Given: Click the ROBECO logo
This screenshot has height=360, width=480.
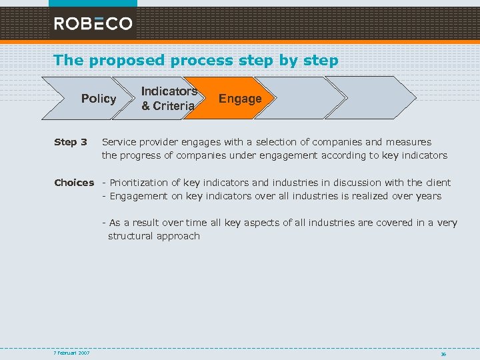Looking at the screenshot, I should coord(93,23).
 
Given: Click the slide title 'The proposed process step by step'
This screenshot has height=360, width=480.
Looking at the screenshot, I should coord(196,60).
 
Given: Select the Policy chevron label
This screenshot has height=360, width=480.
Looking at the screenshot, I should coord(98,99).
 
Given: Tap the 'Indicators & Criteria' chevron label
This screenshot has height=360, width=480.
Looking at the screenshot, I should coord(169,99).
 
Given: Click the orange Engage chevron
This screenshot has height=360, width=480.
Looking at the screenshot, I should coord(240,99).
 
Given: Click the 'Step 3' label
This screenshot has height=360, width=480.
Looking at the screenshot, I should coord(71,142).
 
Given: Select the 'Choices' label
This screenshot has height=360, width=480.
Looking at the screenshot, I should coord(74,183).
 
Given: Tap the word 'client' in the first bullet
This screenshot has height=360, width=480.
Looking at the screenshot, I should coord(435,183).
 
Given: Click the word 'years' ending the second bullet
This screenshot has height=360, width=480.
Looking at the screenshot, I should coord(427,196).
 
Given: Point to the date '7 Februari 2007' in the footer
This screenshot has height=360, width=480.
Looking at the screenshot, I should coord(72,353).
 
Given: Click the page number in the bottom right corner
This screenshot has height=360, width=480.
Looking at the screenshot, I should coord(443,353).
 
